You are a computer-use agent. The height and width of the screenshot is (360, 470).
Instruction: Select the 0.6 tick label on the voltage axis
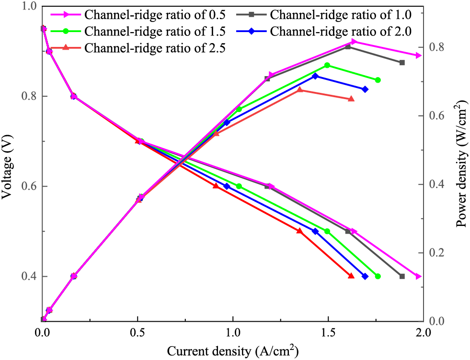coord(29,186)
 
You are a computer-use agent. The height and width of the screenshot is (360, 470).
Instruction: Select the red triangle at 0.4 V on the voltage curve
coord(351,276)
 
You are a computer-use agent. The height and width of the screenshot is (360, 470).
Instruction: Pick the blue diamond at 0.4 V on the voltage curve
coord(365,276)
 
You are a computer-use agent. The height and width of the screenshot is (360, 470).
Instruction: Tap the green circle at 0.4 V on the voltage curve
coord(378,276)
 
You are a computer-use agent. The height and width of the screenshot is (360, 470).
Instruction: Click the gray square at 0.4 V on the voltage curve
coord(402,276)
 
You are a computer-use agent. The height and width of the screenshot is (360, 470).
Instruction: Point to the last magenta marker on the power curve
coord(419,56)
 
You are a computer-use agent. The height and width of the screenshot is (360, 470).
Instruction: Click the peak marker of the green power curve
coord(327,65)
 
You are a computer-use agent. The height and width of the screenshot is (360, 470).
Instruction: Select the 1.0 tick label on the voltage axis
coord(29,6)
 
